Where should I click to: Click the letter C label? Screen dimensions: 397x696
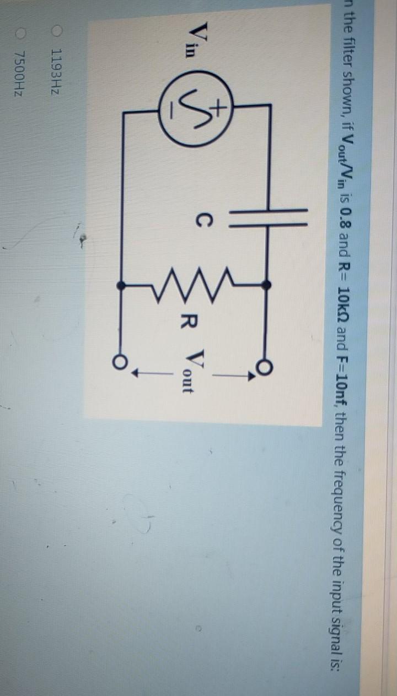pyautogui.click(x=202, y=222)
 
